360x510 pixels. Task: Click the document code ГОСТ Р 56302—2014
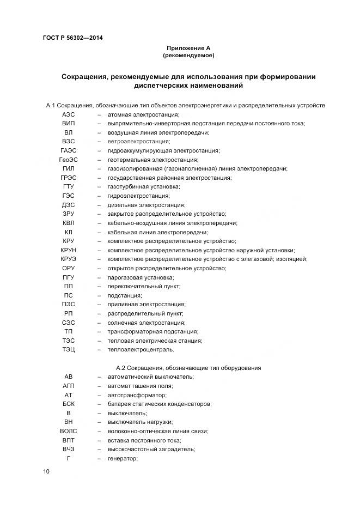click(72, 38)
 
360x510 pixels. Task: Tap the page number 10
click(46, 471)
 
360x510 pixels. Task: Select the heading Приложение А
click(188, 48)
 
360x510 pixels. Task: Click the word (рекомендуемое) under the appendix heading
click(188, 56)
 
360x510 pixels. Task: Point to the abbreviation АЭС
click(69, 114)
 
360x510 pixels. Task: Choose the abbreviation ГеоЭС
click(69, 160)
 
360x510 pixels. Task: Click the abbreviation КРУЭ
click(69, 259)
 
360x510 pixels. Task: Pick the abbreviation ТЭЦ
click(69, 349)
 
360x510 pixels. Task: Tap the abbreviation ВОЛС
click(69, 431)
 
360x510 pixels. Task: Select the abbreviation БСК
click(69, 404)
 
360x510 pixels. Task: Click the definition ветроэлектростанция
click(139, 142)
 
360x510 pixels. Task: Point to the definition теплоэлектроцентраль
click(141, 349)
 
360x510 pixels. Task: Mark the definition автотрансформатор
click(137, 394)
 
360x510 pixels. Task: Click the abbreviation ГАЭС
click(69, 150)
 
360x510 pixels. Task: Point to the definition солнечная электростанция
click(146, 322)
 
